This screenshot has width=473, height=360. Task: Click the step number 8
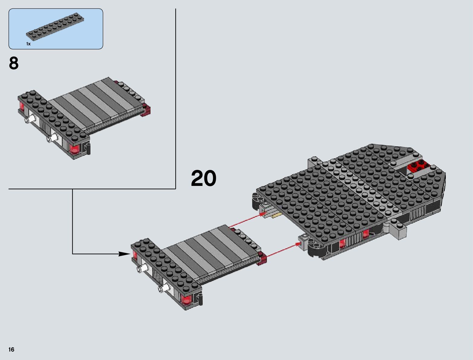14,63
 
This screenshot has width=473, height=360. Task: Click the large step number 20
203,179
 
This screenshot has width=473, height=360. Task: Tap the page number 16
11,350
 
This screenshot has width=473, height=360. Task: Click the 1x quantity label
28,44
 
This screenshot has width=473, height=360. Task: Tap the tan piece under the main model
277,215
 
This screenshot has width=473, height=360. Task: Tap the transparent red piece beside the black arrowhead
135,257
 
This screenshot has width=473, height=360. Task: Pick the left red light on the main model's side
342,243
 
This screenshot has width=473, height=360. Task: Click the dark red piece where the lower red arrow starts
262,259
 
